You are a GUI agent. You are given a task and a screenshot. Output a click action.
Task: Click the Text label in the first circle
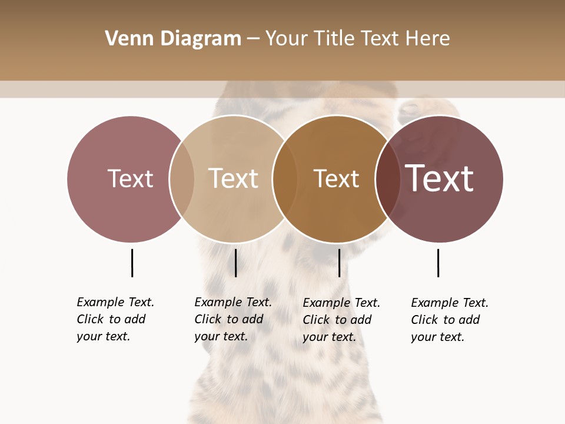[130, 178]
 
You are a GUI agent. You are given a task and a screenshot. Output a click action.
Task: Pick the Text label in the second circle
[233, 178]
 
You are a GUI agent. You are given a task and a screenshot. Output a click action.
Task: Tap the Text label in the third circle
[336, 178]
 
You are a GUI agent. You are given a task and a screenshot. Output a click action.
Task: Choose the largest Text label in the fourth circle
[439, 178]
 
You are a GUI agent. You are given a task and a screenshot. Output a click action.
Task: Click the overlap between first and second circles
[182, 178]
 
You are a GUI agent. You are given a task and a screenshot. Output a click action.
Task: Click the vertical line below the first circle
[132, 263]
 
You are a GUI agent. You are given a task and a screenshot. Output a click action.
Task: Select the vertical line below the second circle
[235, 263]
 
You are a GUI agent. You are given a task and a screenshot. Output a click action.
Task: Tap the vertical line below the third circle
[339, 263]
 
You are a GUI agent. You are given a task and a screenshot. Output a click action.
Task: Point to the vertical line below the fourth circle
[438, 263]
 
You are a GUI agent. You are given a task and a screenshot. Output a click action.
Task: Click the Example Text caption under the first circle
[115, 319]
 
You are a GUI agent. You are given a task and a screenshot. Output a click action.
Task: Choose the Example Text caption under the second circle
[233, 319]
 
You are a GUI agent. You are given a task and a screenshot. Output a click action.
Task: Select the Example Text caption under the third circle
[341, 320]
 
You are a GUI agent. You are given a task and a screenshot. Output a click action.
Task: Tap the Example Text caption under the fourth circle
[450, 320]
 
